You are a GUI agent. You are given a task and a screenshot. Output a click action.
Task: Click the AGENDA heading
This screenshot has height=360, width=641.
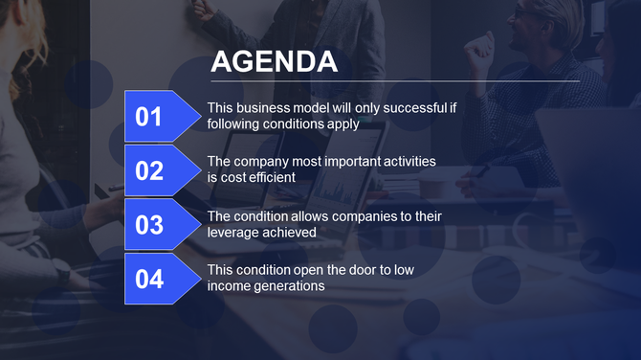click(x=274, y=62)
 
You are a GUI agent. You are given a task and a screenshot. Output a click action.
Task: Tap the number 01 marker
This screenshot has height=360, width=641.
click(x=150, y=117)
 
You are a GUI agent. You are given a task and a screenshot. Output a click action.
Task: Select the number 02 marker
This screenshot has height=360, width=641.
click(x=150, y=170)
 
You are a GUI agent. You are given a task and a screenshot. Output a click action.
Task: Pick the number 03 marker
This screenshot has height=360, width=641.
click(x=150, y=225)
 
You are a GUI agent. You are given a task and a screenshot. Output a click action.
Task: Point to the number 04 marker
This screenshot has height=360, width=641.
click(x=150, y=280)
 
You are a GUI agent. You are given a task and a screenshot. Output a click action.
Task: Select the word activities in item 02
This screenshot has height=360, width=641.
click(x=402, y=162)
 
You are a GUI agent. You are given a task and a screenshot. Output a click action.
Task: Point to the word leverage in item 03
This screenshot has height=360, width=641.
click(x=233, y=232)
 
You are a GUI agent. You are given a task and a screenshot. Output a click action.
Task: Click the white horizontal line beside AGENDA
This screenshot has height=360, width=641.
click(x=459, y=81)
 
